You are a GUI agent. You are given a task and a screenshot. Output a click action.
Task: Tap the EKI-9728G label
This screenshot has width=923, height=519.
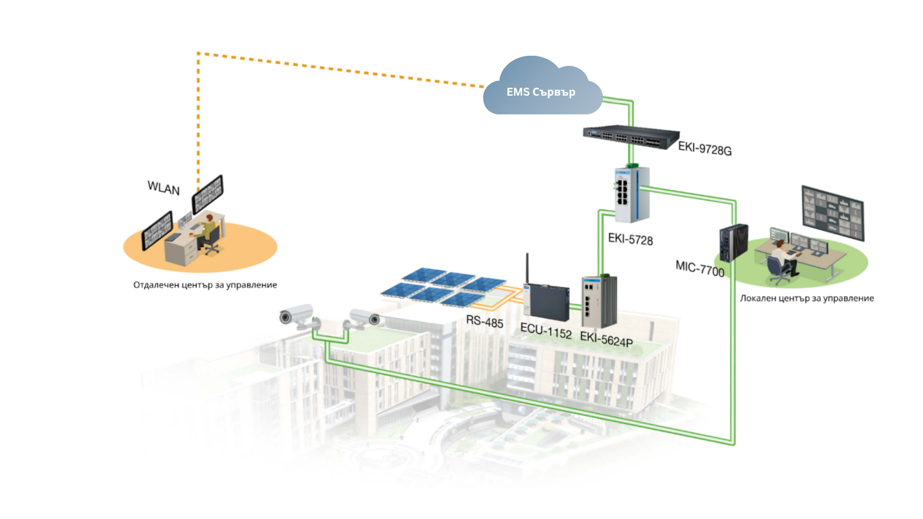pyautogui.click(x=705, y=148)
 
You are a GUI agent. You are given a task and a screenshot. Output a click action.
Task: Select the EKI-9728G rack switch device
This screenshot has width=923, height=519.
pyautogui.click(x=630, y=137)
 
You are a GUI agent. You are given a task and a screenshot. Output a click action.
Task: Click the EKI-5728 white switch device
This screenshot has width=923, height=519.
pyautogui.click(x=632, y=195)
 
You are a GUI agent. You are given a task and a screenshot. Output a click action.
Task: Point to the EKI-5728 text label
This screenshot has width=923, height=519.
pyautogui.click(x=630, y=239)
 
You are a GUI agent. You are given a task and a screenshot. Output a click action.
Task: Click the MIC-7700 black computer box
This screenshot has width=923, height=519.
pyautogui.click(x=733, y=243)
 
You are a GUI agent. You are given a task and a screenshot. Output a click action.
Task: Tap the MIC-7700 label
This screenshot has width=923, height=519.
pyautogui.click(x=699, y=269)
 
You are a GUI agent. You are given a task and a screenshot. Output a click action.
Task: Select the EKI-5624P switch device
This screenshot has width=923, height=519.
pyautogui.click(x=599, y=302)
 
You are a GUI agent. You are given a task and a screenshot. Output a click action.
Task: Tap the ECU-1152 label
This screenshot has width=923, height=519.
pyautogui.click(x=546, y=331)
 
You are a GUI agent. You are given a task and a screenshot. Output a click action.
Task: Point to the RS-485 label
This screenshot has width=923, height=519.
pyautogui.click(x=485, y=321)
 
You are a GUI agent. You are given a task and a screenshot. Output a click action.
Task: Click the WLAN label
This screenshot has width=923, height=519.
pyautogui.click(x=163, y=188)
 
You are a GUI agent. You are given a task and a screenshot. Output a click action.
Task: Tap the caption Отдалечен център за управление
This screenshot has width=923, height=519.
pyautogui.click(x=205, y=285)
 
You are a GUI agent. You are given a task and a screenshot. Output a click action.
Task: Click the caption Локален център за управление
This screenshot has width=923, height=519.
pyautogui.click(x=807, y=298)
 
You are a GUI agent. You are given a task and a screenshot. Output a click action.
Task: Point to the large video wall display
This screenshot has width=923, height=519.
pyautogui.click(x=833, y=213)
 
